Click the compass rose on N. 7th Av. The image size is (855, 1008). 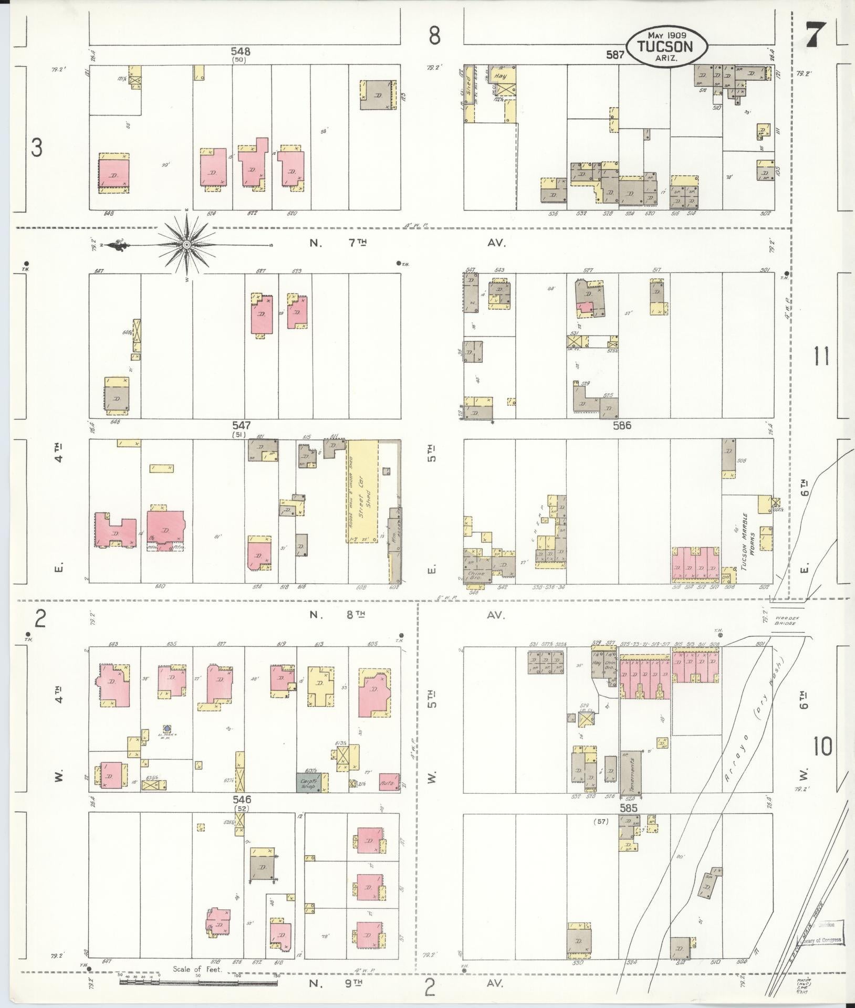coord(186,245)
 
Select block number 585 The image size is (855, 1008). coord(629,808)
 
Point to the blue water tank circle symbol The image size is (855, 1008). coord(167,728)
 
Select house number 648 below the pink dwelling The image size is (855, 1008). coord(109,214)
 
